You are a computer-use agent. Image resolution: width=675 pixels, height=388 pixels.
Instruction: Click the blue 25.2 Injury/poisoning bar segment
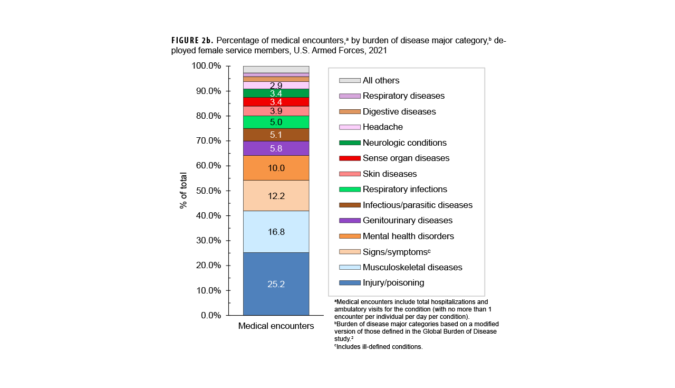point(276,284)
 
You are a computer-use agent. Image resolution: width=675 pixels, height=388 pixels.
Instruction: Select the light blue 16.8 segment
point(276,232)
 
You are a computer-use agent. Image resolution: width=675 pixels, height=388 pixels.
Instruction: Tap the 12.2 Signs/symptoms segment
point(276,196)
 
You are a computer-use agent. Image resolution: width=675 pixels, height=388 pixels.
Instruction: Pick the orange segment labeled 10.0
point(276,168)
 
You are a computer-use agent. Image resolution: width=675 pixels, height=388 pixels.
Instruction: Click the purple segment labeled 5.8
point(276,149)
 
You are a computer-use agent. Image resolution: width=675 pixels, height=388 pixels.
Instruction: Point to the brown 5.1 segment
point(276,135)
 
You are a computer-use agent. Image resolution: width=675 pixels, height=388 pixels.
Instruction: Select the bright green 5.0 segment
point(276,122)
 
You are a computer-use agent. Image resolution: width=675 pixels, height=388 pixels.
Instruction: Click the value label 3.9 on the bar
point(276,111)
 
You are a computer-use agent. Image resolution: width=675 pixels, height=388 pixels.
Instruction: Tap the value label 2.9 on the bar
point(276,86)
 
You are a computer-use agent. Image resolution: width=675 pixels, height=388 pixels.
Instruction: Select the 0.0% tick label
point(208,315)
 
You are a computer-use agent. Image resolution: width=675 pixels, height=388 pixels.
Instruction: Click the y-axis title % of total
point(184,191)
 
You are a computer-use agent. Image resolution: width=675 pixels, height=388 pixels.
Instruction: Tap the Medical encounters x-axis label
point(276,326)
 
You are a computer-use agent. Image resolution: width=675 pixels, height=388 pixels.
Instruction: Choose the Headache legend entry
point(382,127)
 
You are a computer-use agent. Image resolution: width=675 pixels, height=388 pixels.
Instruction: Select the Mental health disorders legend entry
point(408,236)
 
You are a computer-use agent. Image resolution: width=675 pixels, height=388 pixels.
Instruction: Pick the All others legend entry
point(381,80)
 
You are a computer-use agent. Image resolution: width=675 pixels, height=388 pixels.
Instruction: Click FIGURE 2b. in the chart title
point(192,41)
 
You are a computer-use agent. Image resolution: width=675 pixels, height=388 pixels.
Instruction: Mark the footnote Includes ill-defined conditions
point(379,347)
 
